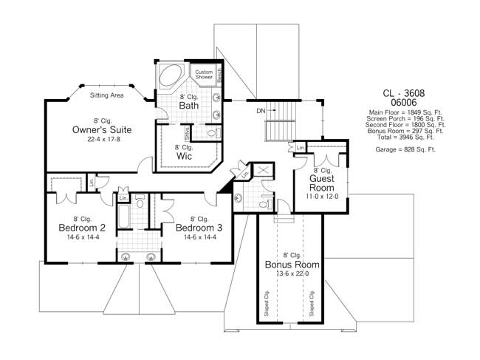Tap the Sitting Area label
tap(106, 95)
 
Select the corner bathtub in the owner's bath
tap(171, 77)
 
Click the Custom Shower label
tap(204, 75)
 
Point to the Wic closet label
tap(184, 156)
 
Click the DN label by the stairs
tap(261, 111)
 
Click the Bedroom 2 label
tap(82, 228)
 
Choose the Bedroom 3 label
tap(198, 228)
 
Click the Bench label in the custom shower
tap(219, 75)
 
